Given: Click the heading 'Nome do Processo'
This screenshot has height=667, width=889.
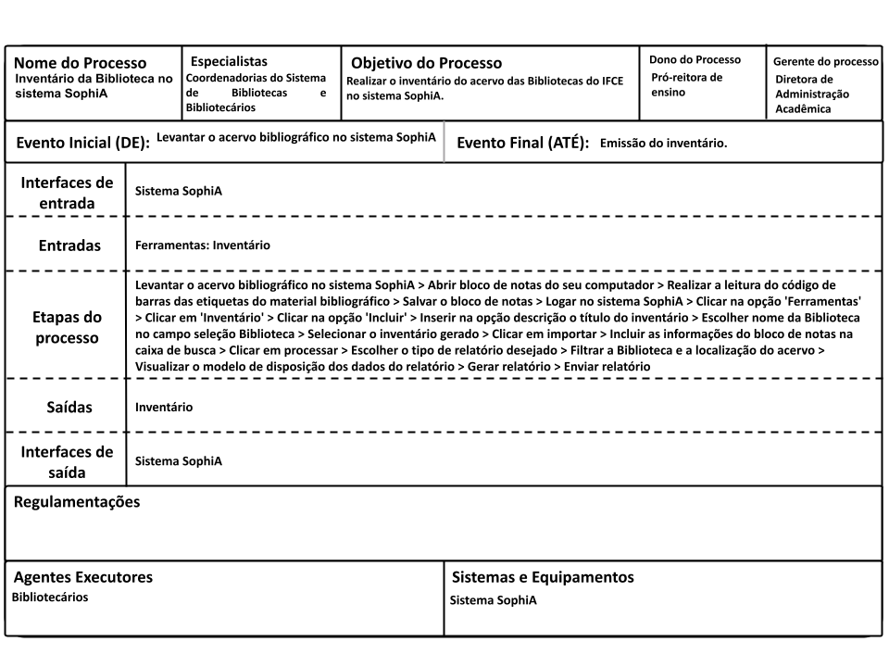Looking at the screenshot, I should coord(80,63).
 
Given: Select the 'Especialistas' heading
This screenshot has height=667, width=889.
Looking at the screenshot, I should coord(229,61).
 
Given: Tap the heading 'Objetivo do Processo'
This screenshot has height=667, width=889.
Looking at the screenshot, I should coord(426,63).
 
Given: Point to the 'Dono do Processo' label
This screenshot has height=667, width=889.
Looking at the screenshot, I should coord(695,59).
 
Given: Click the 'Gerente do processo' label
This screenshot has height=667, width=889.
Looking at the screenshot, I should coord(825,61).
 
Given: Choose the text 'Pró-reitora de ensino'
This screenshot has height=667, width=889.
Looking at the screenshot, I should coord(686,84).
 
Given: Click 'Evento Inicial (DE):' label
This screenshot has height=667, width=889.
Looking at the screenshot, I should coord(82,144).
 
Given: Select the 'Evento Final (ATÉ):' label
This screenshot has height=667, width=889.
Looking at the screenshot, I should coord(523,144).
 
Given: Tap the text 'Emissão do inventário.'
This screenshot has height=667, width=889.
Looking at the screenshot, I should coord(663,144).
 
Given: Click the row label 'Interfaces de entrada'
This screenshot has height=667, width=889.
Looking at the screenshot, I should coord(67,193).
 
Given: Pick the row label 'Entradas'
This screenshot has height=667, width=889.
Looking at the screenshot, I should coord(69,245).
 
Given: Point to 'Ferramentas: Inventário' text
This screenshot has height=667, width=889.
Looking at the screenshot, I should coord(202,245).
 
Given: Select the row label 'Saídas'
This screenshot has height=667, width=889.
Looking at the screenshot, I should coord(70,407).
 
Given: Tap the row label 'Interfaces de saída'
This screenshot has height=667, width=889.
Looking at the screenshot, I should coord(67,461).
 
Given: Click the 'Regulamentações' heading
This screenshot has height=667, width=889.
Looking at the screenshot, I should coord(77,502).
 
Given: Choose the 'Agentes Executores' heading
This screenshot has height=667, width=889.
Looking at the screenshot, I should coord(82,577).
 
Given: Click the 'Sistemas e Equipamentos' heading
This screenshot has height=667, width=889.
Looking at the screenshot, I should coord(543,577).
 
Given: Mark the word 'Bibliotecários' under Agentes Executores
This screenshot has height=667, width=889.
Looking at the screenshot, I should coord(50,598).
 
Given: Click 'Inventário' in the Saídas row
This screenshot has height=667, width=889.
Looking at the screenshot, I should coord(164,407).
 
